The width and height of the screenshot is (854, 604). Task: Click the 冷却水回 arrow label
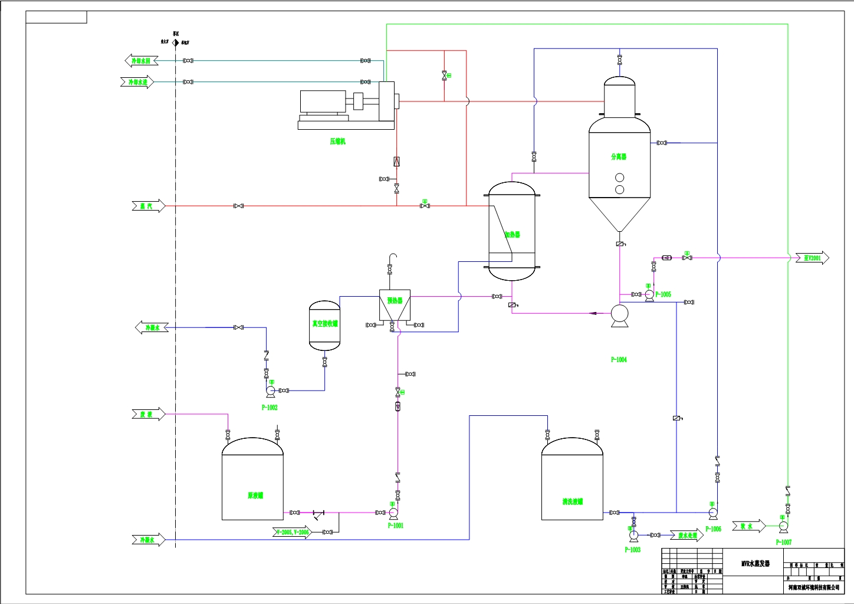[x=141, y=61]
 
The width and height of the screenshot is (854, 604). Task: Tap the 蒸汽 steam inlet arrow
[x=147, y=206]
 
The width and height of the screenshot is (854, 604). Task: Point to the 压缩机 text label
[x=337, y=142]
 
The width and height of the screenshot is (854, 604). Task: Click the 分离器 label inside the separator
[x=619, y=156]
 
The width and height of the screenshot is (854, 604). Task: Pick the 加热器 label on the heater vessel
[x=513, y=235]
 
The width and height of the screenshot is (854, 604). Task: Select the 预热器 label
[x=395, y=301]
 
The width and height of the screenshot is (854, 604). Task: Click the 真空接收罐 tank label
[x=325, y=324]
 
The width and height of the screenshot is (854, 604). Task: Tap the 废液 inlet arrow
[x=147, y=415]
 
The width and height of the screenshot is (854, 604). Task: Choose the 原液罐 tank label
[x=255, y=495]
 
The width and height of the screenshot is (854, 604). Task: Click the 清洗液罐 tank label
[x=572, y=502]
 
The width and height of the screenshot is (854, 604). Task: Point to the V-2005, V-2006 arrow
[x=293, y=532]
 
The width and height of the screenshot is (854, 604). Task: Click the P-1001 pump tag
[x=396, y=526]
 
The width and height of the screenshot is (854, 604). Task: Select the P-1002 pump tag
[x=270, y=408]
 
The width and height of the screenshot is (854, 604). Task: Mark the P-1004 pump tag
[x=619, y=360]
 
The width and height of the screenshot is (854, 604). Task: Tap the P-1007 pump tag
[x=784, y=542]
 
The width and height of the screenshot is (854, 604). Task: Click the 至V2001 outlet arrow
[x=813, y=258]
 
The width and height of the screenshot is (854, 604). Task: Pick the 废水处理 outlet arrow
[x=687, y=536]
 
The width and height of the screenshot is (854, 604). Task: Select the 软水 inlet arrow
[x=748, y=526]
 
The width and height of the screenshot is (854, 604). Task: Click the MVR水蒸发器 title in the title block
[x=756, y=564]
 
